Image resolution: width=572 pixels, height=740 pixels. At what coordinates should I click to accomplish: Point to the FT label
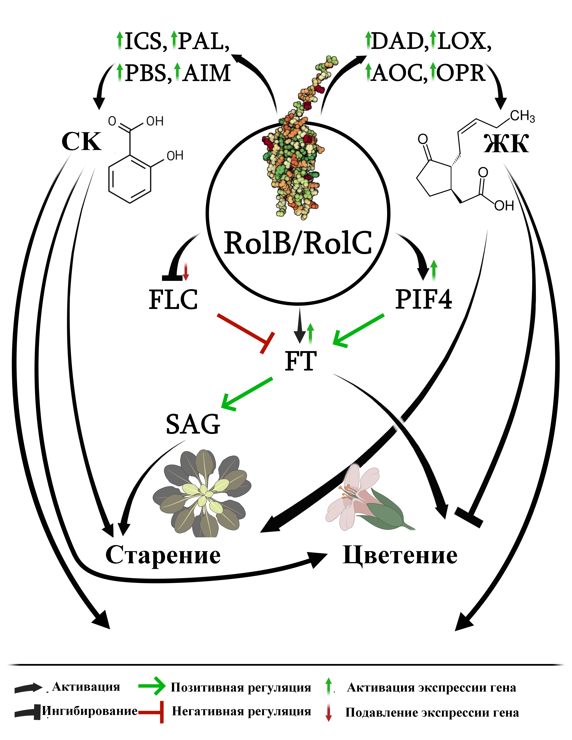(301, 361)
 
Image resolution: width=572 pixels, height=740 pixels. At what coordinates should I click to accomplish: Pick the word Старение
(163, 555)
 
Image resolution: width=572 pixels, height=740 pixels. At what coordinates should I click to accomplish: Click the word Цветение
(400, 555)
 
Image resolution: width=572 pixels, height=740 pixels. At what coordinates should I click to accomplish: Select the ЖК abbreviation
(506, 144)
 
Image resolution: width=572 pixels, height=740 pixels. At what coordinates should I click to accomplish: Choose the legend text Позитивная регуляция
(241, 688)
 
